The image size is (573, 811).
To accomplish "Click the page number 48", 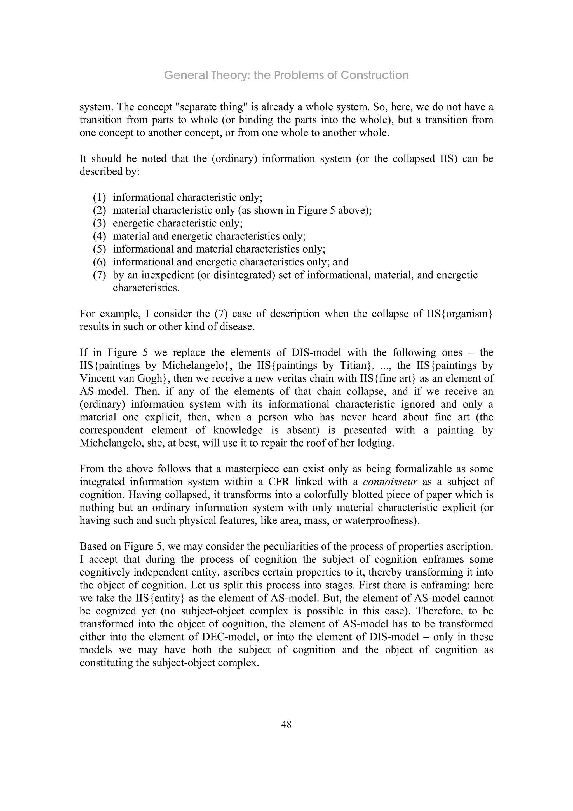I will pos(286,724).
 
